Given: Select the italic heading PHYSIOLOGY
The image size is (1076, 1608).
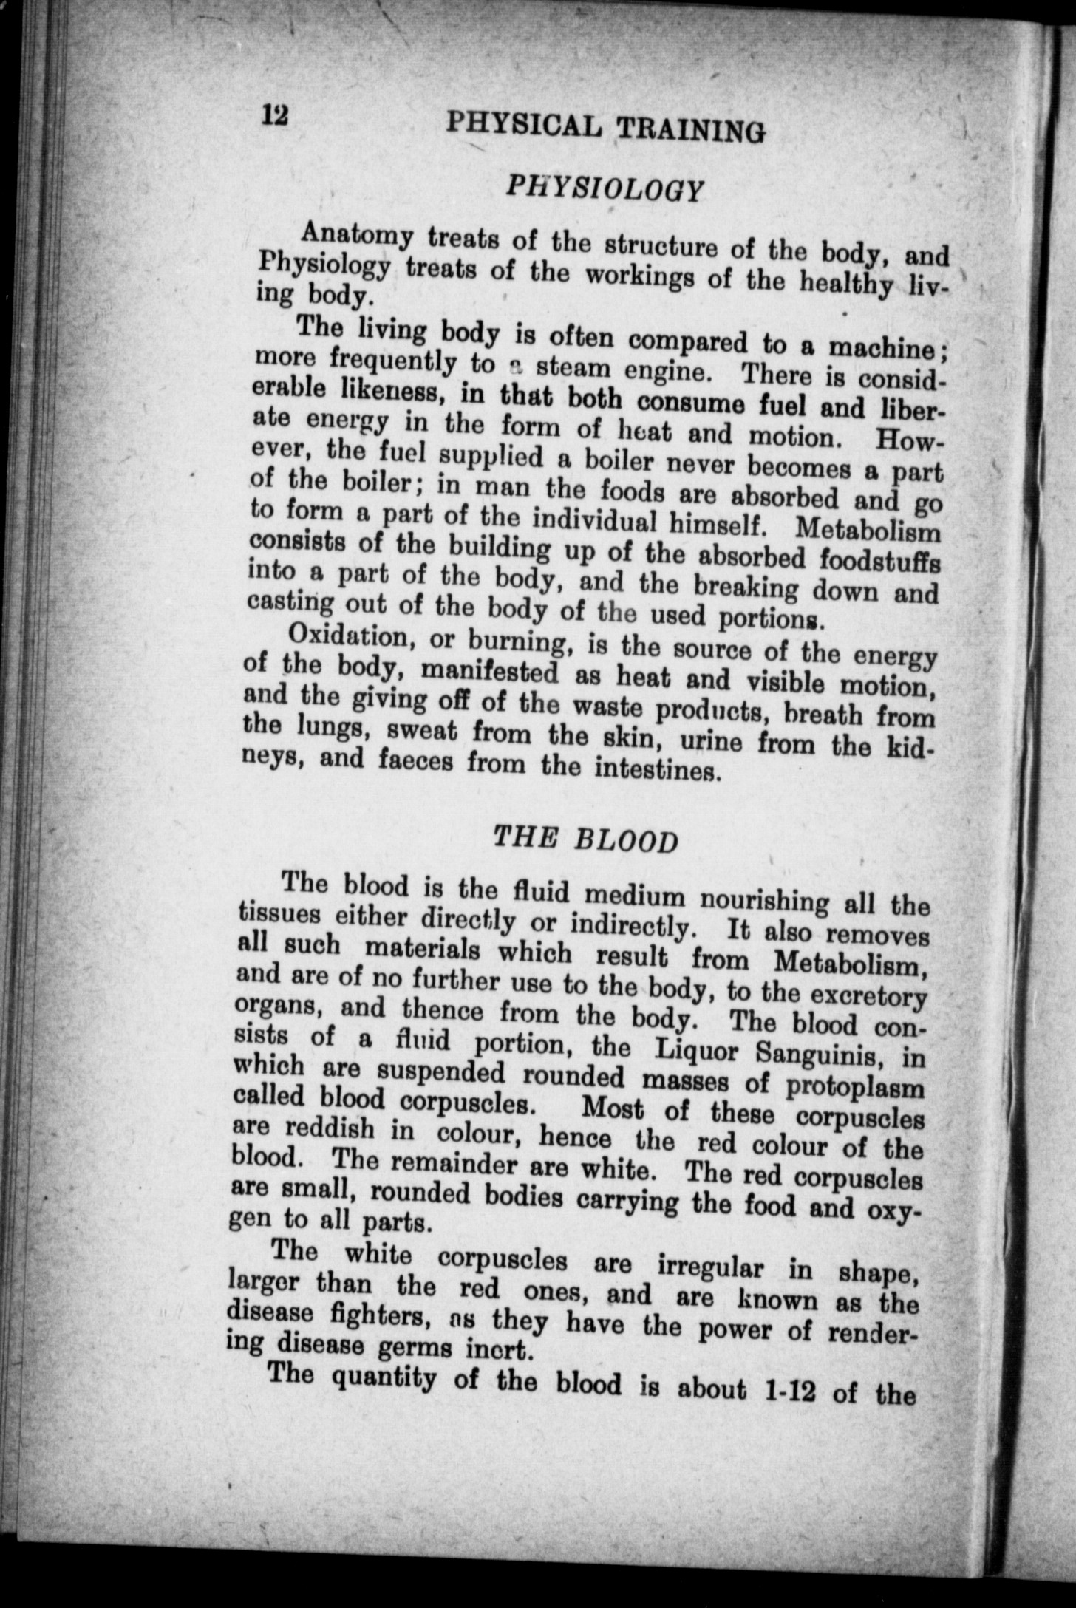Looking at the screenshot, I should point(603,189).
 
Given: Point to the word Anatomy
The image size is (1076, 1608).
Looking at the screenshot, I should point(356,238).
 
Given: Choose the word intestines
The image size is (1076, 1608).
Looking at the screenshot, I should point(656,771).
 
